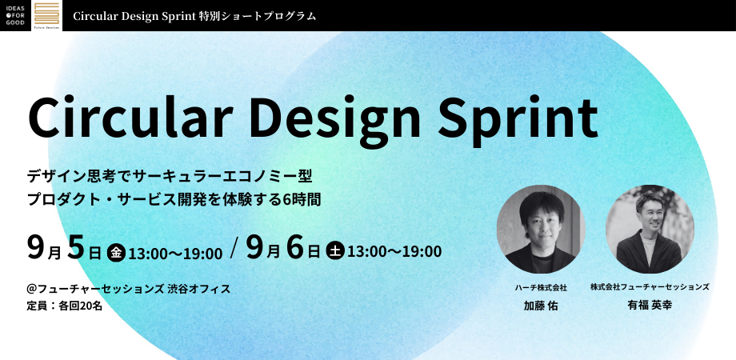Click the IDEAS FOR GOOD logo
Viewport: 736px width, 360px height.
[15, 15]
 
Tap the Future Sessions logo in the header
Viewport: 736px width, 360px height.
[47, 15]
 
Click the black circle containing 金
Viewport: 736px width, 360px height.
[117, 253]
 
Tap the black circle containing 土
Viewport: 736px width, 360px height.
[335, 251]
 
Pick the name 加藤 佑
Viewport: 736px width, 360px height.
[541, 306]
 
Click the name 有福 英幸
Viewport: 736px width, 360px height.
[650, 305]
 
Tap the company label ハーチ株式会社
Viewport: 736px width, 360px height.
[541, 288]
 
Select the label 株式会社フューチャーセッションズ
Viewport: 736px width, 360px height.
[650, 286]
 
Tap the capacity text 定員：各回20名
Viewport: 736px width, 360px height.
[65, 306]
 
